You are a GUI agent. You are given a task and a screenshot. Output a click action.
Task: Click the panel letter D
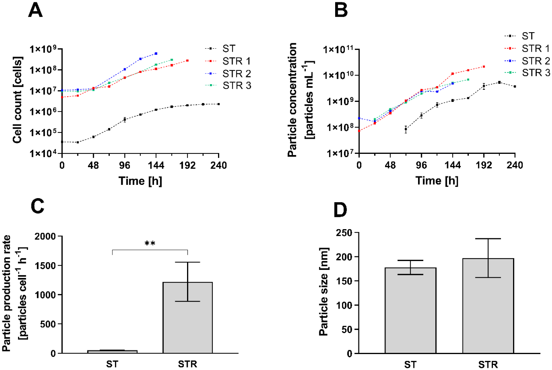coord(340,210)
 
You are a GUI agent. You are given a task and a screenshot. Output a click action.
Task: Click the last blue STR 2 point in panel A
coord(156,53)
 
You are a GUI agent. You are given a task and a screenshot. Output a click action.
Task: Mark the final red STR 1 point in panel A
coord(187,61)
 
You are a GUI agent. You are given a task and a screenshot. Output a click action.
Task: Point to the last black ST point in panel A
coord(219,104)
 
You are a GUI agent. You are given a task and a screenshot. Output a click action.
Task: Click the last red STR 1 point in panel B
coord(484,66)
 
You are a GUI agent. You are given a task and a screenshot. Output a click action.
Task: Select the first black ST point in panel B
coord(406,129)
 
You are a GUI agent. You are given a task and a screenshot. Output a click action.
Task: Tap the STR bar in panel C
coord(188,317)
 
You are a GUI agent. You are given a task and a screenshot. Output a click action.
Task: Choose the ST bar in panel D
coord(410,310)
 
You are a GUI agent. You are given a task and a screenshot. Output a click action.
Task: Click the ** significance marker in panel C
coord(150,244)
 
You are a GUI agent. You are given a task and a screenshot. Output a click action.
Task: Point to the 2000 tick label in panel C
coord(45,236)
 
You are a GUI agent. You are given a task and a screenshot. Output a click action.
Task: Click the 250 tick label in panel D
coord(344,233)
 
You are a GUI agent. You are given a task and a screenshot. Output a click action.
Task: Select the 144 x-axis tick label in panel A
coord(156,165)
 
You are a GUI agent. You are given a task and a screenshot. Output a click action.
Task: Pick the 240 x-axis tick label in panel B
coord(515,165)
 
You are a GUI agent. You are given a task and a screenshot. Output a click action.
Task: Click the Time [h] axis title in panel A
coord(140,181)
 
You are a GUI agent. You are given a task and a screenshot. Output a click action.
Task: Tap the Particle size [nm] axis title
coord(324,291)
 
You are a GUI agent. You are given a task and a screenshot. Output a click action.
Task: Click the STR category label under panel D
coord(488,364)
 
